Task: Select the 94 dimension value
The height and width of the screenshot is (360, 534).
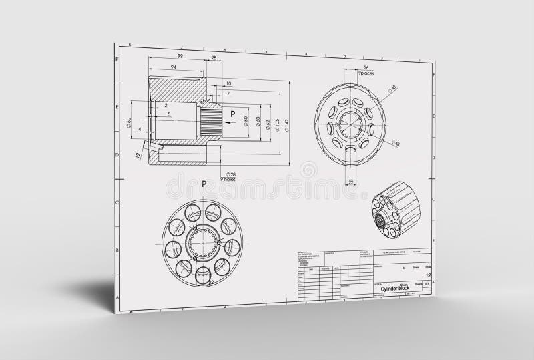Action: (x=174, y=67)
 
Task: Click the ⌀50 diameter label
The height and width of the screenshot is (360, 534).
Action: (x=246, y=123)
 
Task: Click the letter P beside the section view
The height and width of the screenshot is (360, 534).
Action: (x=233, y=114)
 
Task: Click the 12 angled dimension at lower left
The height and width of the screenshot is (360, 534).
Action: (x=138, y=156)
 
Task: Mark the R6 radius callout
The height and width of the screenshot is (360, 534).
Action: (x=203, y=101)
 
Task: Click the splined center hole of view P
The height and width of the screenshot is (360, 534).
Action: (x=202, y=242)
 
